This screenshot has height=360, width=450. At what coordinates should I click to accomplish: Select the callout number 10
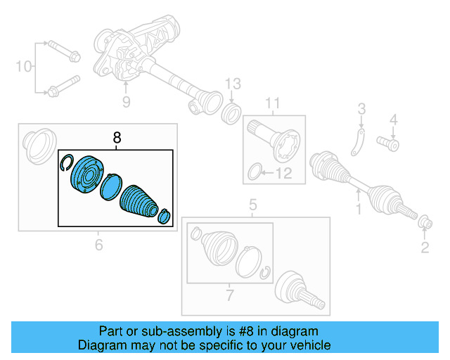coord(24,67)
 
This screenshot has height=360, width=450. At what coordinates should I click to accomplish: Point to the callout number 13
coord(233,85)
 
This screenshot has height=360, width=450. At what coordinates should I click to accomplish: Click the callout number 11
coord(272,106)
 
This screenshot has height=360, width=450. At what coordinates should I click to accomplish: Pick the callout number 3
coord(361,108)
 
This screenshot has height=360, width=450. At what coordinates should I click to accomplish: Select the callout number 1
coord(357,210)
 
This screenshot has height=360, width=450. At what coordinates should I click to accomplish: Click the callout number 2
coord(425,246)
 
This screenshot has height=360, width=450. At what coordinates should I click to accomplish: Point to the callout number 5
coord(252,206)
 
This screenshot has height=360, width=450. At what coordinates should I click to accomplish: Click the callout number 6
coord(98,245)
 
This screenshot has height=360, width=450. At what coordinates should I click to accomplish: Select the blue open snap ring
coord(66,162)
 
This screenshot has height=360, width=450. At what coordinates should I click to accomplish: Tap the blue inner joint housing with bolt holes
coord(86,176)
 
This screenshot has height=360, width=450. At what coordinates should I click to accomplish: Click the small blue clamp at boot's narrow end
coord(165,216)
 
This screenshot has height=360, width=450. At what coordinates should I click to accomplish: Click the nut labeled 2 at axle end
coord(425,224)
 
